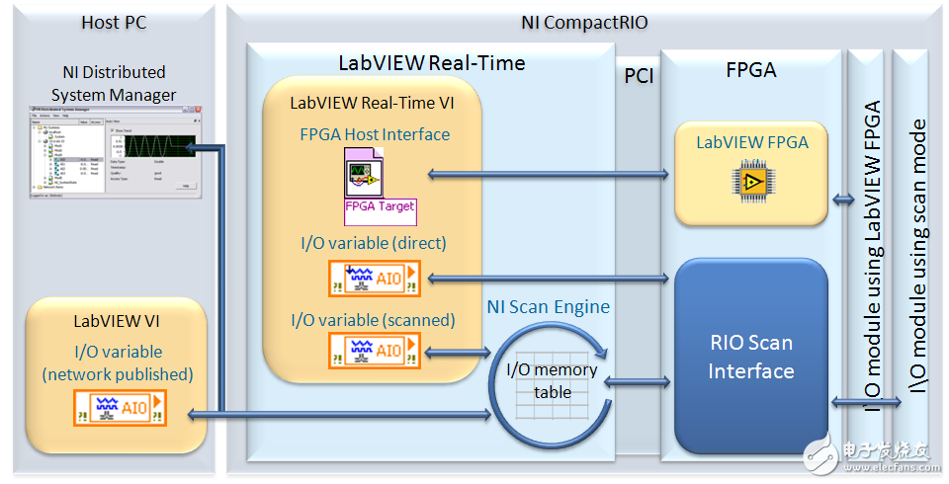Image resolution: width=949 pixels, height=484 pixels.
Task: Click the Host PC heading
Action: pyautogui.click(x=114, y=21)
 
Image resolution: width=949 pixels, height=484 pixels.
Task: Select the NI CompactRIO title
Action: pyautogui.click(x=583, y=21)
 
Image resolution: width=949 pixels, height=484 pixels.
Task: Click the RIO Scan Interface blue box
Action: pyautogui.click(x=751, y=358)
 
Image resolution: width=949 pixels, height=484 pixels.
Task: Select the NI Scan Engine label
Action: pyautogui.click(x=548, y=307)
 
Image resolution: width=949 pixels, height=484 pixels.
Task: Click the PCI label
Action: pyautogui.click(x=639, y=76)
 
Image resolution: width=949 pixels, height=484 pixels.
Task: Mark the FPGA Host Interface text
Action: pyautogui.click(x=375, y=134)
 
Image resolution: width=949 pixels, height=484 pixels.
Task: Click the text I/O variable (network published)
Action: pyautogui.click(x=116, y=363)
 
